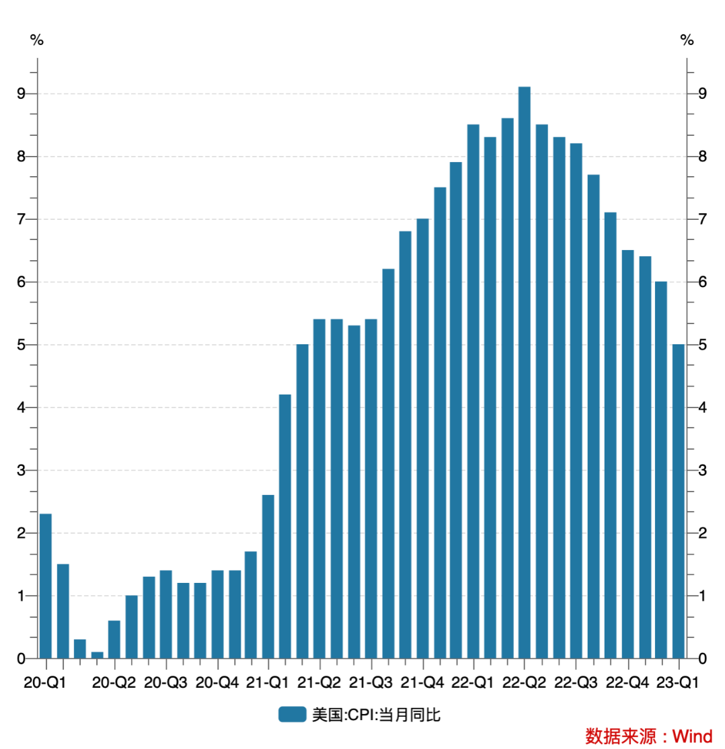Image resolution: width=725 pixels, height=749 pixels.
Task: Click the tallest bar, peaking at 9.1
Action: tap(525, 372)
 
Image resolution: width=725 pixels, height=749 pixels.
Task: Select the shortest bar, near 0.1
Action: tap(97, 654)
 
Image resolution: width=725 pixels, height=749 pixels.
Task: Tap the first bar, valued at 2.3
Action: tap(46, 586)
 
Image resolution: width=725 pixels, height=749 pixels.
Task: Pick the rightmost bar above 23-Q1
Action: tap(678, 501)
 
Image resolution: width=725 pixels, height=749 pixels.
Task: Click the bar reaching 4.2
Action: tap(285, 526)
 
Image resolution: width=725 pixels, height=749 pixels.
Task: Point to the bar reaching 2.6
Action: tap(268, 576)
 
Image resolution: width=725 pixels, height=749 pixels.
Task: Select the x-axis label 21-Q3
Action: tap(373, 683)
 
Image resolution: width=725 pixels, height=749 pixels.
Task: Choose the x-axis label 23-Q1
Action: tap(678, 683)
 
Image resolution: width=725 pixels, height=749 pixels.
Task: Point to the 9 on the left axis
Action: tap(21, 93)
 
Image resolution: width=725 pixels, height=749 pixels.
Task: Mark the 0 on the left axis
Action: tap(21, 658)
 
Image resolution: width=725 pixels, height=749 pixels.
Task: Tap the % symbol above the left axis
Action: tap(36, 40)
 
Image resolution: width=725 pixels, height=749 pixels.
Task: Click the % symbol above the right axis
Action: tap(687, 40)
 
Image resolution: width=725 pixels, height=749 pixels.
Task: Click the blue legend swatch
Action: tap(293, 715)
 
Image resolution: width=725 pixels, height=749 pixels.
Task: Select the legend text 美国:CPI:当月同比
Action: tap(376, 715)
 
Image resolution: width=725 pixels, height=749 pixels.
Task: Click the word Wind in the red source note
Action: tap(692, 736)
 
